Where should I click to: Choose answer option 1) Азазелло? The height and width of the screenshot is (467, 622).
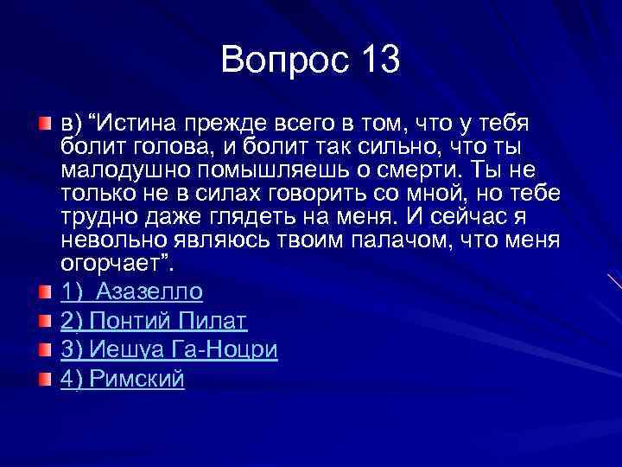click(131, 291)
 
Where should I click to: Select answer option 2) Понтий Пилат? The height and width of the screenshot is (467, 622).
click(154, 321)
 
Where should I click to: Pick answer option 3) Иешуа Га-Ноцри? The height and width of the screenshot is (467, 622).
click(168, 350)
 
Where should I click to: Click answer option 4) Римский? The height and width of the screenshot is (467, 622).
click(123, 380)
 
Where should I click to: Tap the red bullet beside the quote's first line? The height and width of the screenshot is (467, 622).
click(45, 125)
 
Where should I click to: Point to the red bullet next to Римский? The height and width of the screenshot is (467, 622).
click(45, 381)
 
